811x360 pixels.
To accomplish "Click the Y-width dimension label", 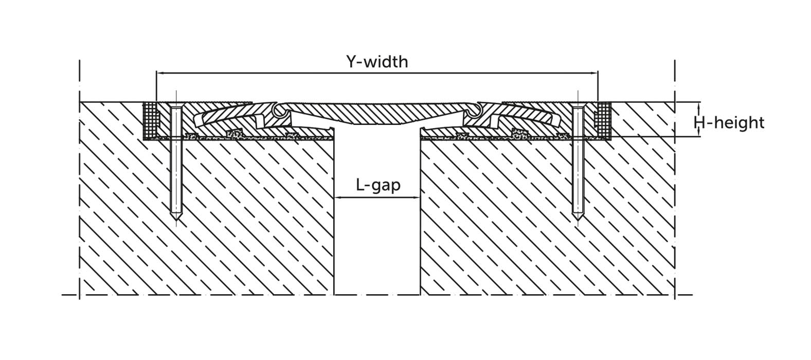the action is point(377,62).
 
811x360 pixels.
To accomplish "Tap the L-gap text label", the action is point(379,185).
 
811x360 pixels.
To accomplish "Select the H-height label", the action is point(729,123).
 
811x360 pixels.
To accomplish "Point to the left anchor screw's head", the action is point(176,107).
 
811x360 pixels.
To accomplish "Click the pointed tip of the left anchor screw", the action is point(176,220).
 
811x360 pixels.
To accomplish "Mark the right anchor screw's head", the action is point(578,107).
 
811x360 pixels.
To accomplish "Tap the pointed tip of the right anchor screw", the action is point(578,220).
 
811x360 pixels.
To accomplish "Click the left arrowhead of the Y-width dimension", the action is point(160,73).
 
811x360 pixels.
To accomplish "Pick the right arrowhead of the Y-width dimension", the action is point(594,73).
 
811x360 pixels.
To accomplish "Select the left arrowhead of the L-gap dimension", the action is point(337,197).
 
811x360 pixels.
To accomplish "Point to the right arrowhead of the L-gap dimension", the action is point(416,197).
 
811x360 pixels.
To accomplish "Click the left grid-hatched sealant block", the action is point(151,120).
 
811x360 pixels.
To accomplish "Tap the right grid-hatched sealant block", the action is point(603,120).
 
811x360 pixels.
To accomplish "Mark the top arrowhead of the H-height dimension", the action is point(699,106).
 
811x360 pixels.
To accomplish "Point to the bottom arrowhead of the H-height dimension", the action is point(699,133).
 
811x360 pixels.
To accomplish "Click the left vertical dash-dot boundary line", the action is point(79,179).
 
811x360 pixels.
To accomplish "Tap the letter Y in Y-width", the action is point(352,62).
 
